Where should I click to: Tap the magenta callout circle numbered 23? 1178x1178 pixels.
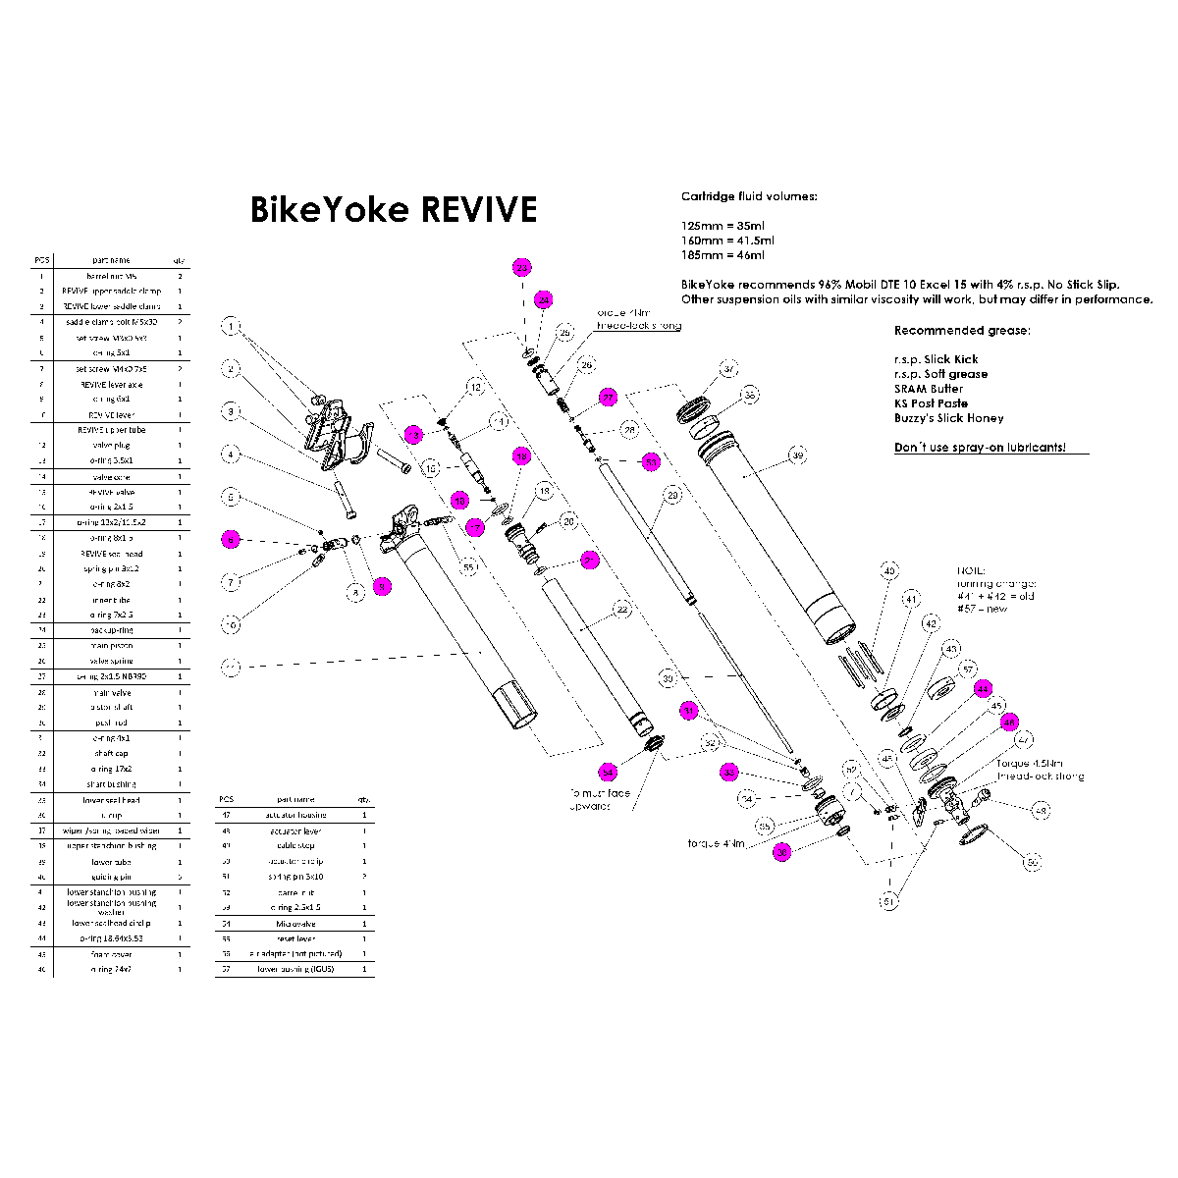(522, 268)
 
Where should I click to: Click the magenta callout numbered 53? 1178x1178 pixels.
(650, 460)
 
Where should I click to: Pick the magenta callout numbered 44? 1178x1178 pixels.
(983, 689)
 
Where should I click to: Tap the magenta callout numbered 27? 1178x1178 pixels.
(609, 398)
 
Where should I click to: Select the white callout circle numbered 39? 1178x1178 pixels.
(798, 456)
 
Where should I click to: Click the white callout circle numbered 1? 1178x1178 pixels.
(231, 326)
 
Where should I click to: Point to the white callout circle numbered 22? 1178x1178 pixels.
(620, 609)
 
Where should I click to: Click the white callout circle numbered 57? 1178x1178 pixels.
(969, 669)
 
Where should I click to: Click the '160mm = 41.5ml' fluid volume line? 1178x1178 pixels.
(727, 241)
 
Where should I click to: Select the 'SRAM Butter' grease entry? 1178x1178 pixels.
(929, 389)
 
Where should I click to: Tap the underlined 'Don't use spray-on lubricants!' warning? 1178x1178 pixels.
(978, 449)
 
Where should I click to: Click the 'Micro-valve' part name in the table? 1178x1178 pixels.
(294, 924)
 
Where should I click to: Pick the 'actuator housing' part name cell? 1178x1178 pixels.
(295, 815)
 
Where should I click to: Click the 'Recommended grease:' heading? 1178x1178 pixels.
(962, 330)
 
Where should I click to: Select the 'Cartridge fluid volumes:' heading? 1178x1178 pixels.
(748, 196)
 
